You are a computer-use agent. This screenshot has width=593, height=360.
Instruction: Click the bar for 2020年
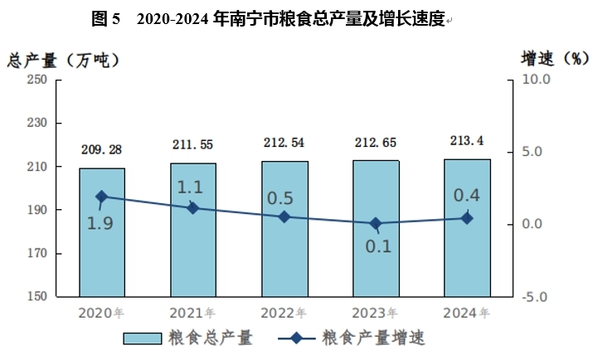tap(102, 241)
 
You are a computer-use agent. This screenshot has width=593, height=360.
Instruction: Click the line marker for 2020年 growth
tap(102, 197)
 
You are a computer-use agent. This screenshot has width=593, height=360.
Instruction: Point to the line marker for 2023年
tap(376, 223)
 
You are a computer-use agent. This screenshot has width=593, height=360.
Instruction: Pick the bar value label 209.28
tap(102, 149)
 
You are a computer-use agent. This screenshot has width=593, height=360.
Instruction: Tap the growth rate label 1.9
tap(100, 224)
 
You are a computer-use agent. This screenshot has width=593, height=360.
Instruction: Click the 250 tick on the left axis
tap(37, 80)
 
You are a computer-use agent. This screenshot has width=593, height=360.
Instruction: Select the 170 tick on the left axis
tap(37, 253)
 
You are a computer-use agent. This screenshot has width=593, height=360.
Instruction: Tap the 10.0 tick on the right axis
tap(536, 80)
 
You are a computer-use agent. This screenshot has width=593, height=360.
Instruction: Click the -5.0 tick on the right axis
tap(536, 297)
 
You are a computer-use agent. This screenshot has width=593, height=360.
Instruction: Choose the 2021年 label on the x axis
tap(193, 314)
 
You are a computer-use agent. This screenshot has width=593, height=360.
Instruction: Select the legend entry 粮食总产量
tap(187, 338)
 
